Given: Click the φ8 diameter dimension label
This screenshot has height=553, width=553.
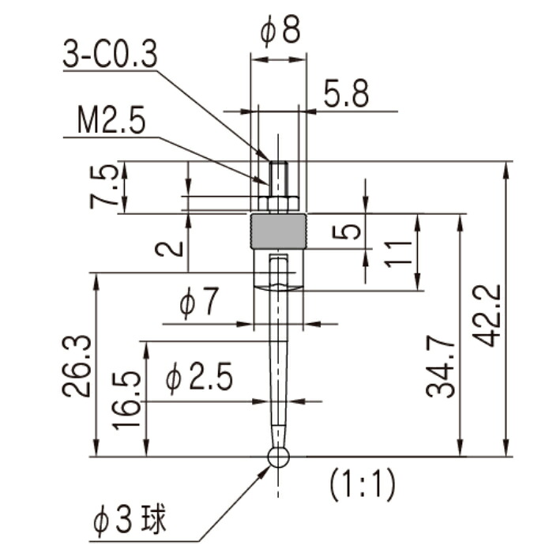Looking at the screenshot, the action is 280,30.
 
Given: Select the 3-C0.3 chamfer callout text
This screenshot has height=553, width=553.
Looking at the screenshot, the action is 110,54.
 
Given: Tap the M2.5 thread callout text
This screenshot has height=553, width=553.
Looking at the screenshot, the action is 111,119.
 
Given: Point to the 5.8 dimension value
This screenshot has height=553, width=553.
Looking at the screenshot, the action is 347,93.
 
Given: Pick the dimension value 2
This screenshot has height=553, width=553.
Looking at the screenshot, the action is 170,250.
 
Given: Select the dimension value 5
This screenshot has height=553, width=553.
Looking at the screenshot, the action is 347,231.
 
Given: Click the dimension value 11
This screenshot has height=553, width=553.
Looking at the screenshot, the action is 398,254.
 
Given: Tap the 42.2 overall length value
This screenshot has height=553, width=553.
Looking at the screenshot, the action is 487,316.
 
